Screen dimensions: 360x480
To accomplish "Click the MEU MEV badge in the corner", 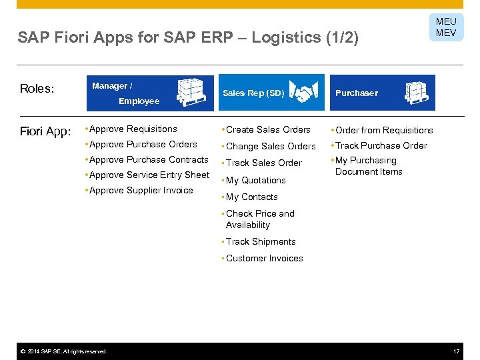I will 446,27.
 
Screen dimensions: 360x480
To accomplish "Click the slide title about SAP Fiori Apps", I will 188,38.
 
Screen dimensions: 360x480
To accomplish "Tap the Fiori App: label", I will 45,131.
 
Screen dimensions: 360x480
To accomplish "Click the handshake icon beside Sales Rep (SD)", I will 309,93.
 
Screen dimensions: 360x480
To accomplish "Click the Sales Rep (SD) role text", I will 253,93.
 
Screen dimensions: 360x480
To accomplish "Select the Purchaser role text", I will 356,93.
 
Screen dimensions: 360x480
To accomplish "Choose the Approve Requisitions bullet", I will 133,129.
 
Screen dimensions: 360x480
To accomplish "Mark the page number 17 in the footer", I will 457,351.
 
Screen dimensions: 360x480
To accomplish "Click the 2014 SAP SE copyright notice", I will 63,351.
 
